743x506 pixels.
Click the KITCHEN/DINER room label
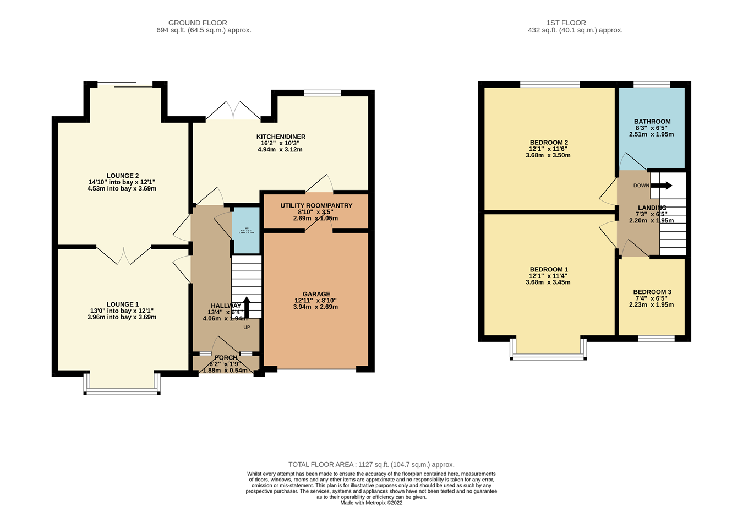[281, 137]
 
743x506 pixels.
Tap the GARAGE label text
[316, 294]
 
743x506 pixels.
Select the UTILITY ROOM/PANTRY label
[316, 206]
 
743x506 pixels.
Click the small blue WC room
[245, 230]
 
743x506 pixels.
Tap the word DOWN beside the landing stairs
[641, 186]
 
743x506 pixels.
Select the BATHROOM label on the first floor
[652, 122]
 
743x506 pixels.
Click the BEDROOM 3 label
[652, 292]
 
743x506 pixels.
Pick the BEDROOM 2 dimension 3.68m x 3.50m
[548, 155]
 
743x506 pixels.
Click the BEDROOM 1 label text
[548, 269]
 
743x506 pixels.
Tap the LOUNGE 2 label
[122, 176]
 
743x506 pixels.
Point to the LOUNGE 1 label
[122, 304]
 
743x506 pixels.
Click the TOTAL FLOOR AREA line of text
[371, 465]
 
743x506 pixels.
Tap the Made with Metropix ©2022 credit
[371, 503]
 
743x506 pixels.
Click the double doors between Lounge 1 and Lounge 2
[124, 255]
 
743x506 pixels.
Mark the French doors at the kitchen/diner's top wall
[233, 111]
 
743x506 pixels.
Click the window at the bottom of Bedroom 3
[656, 339]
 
